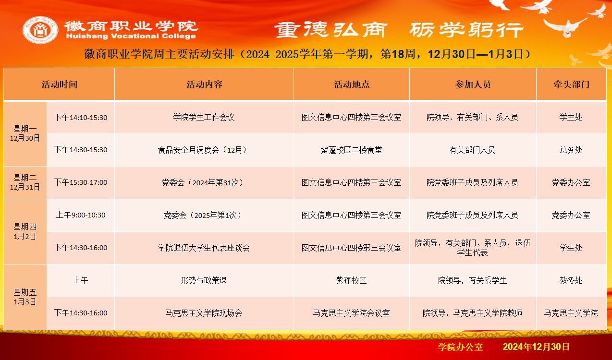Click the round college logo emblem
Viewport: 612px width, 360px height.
tap(40, 30)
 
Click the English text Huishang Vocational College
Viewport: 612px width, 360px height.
tap(131, 36)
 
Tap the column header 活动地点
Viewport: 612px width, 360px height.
tap(352, 84)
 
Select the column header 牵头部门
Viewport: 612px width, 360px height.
tap(571, 84)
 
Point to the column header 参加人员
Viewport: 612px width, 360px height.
tap(473, 84)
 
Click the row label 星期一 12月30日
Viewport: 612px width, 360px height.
tap(25, 133)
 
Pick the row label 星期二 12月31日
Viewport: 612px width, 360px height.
tap(25, 182)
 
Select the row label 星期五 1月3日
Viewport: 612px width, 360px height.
tap(25, 297)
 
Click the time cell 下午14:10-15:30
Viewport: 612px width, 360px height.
tap(81, 118)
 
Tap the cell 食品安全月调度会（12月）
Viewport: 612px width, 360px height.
tap(204, 150)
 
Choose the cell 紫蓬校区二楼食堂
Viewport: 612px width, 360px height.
tap(351, 150)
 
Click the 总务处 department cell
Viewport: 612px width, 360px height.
tap(571, 150)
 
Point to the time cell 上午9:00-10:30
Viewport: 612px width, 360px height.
tap(81, 215)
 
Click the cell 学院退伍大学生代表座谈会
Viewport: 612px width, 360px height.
tap(204, 248)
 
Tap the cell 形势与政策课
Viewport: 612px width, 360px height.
tap(204, 280)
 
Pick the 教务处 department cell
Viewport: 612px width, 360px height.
tap(571, 280)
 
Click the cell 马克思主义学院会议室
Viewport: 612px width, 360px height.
tap(351, 313)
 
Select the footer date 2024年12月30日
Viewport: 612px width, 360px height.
tap(536, 347)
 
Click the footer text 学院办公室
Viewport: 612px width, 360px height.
tap(460, 347)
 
